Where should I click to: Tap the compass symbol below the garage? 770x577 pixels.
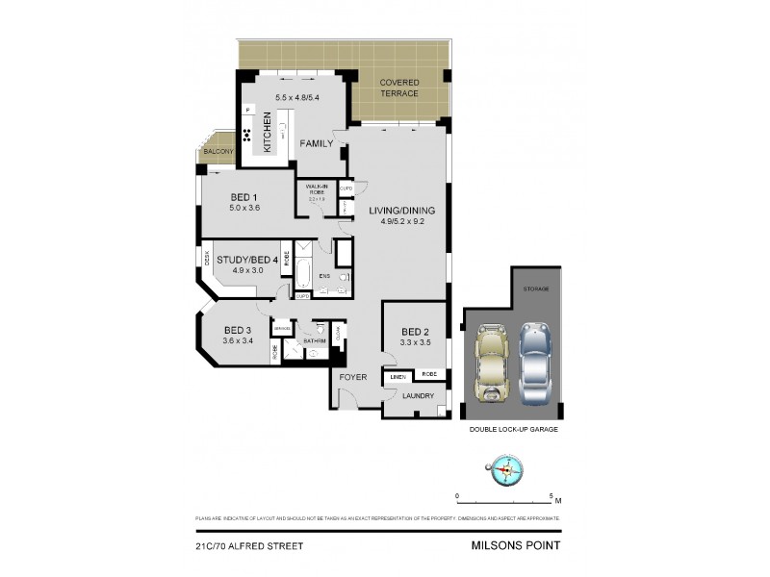coord(505,471)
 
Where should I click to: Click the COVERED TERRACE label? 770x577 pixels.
coord(399,88)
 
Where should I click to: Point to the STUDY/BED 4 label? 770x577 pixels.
coord(247,260)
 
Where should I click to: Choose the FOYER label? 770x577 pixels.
coord(354,378)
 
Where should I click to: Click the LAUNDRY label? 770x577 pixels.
coord(420,395)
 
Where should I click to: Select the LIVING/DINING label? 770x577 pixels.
coord(401,211)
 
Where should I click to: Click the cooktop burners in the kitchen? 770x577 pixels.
coord(247,136)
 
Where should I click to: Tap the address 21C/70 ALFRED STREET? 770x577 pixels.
coord(249,545)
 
